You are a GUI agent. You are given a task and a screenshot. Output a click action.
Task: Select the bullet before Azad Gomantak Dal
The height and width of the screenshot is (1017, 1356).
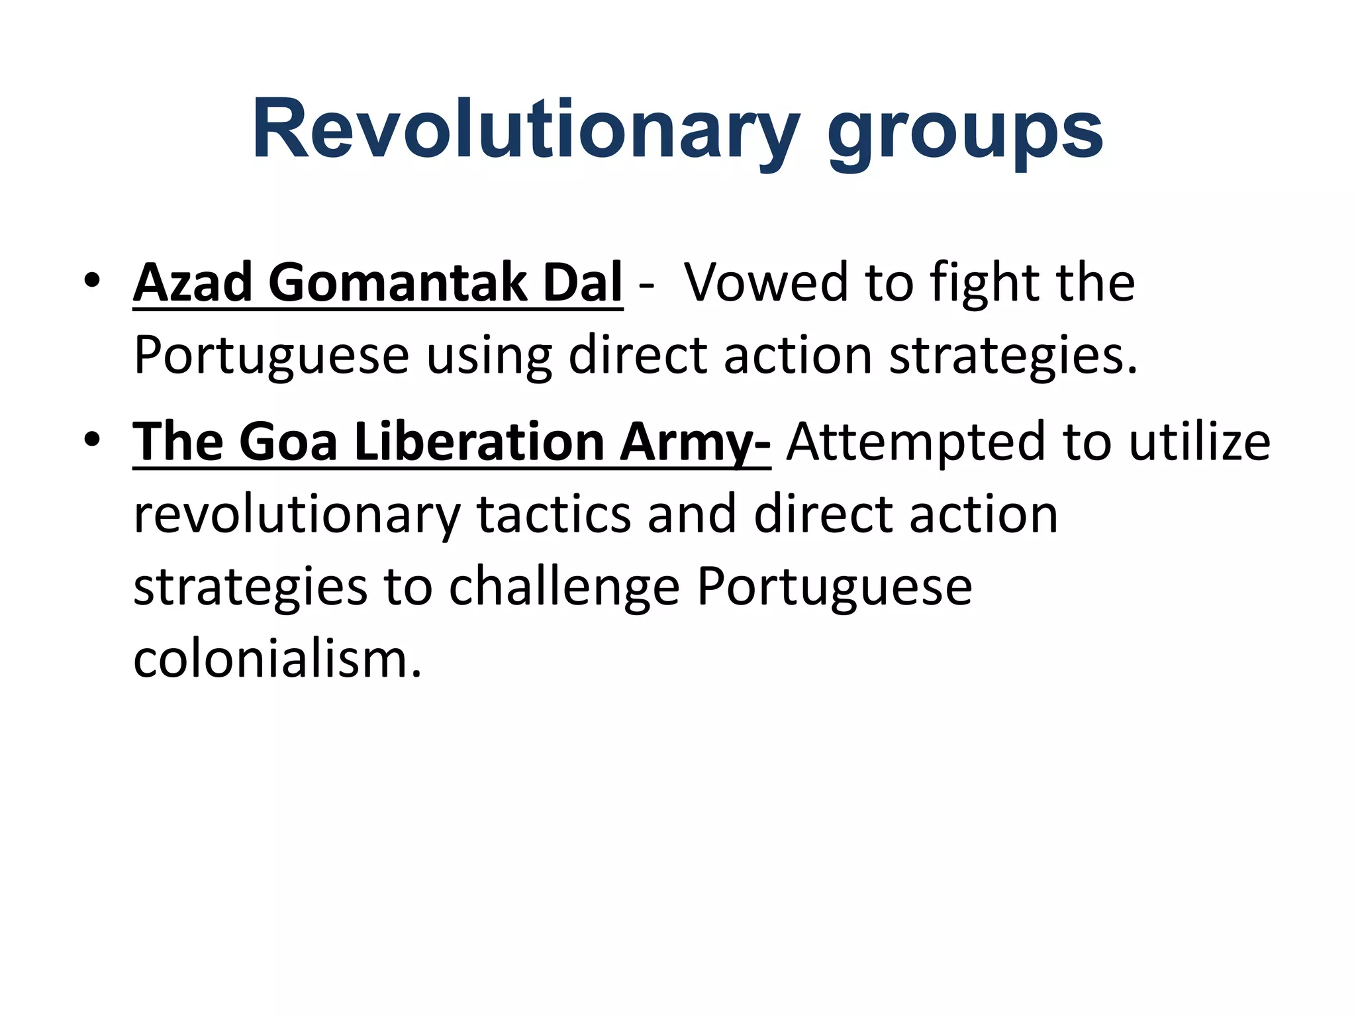coord(92,281)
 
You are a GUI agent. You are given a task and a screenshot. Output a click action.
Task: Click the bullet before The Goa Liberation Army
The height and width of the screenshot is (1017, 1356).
coord(92,440)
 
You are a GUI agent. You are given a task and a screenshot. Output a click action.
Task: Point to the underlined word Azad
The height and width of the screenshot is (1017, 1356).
coord(193,283)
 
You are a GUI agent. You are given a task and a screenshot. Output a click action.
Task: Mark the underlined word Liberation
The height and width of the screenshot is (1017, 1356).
coord(479,442)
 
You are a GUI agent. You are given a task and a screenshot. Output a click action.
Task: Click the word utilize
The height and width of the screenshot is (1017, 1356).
coord(1199,442)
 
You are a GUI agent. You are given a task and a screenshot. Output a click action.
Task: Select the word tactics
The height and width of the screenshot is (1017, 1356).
coord(554,515)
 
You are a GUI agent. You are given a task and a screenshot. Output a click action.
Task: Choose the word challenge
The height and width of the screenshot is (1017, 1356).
coord(564,588)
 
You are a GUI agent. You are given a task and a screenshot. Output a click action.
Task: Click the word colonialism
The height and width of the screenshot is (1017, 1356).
coord(277,659)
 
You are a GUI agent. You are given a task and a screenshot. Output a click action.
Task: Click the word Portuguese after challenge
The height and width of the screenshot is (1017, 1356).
coord(834,588)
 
